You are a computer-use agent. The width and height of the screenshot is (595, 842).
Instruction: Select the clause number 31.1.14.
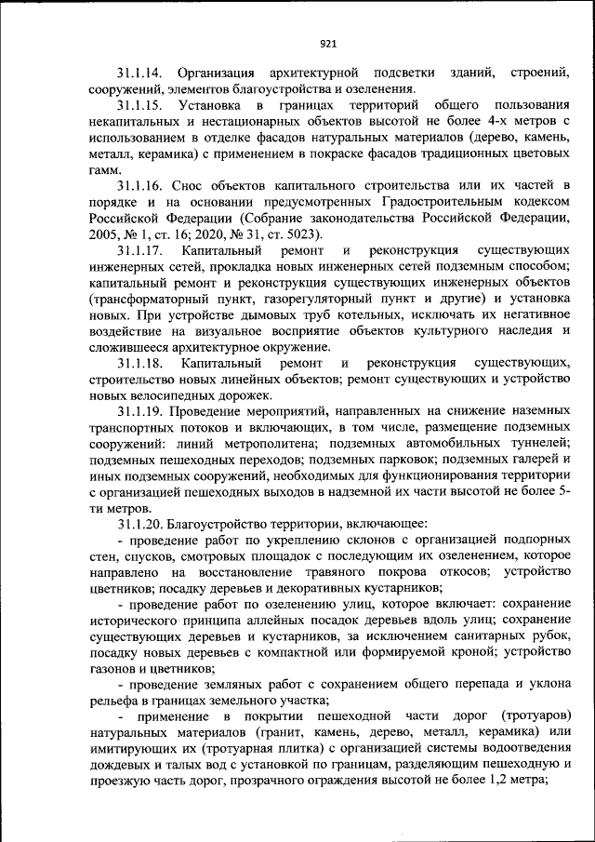[x=140, y=73]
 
